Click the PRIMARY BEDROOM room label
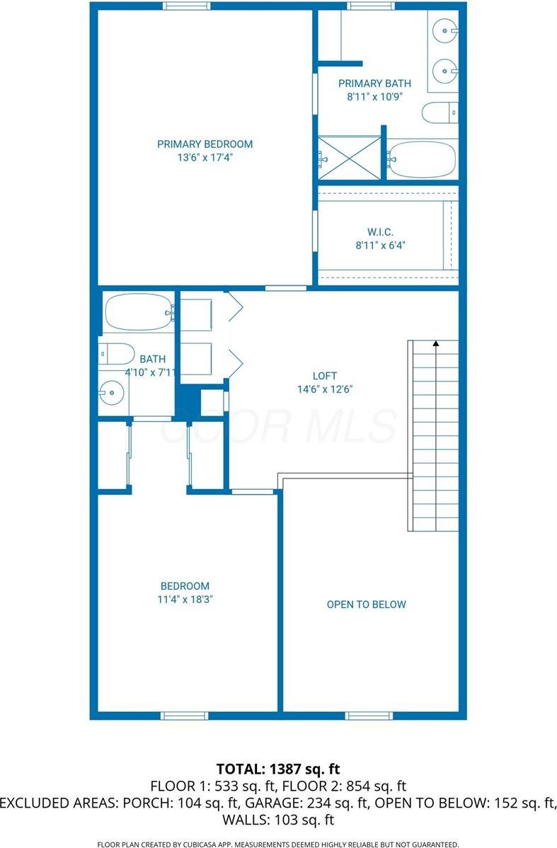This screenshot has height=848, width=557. pyautogui.click(x=205, y=144)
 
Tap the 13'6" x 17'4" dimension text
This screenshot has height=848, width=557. pyautogui.click(x=205, y=158)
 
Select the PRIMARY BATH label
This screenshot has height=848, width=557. pyautogui.click(x=374, y=84)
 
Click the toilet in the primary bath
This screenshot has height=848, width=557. pyautogui.click(x=440, y=113)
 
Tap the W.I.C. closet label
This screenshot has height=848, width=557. pyautogui.click(x=379, y=231)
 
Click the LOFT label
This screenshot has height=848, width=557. pyautogui.click(x=325, y=375)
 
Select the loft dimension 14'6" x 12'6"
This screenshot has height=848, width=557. pyautogui.click(x=325, y=389)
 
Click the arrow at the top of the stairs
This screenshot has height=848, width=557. pyautogui.click(x=436, y=343)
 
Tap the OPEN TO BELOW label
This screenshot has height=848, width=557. pyautogui.click(x=366, y=604)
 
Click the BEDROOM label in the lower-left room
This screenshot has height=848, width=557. pyautogui.click(x=185, y=585)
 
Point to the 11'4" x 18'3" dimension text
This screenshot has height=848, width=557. pyautogui.click(x=185, y=599)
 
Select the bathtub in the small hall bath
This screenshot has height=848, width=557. pyautogui.click(x=139, y=312)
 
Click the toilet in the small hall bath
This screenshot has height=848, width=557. pyautogui.click(x=117, y=352)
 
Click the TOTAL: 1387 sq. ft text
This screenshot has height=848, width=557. pyautogui.click(x=278, y=768)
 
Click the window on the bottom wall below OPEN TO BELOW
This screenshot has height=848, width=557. pyautogui.click(x=369, y=716)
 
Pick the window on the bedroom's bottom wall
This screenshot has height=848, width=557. pyautogui.click(x=184, y=716)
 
